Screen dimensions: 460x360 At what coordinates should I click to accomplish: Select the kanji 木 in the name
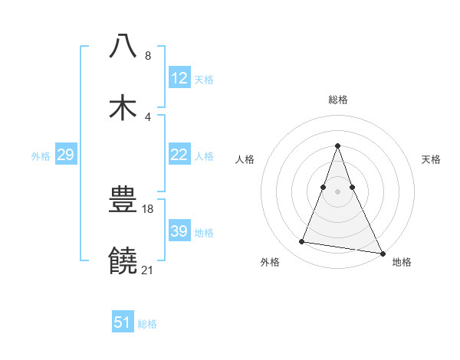[x=123, y=108]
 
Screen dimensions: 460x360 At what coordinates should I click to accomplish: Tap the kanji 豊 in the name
[x=123, y=201]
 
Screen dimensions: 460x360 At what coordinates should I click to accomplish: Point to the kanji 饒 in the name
[x=123, y=262]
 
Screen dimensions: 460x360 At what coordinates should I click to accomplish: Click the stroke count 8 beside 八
[x=148, y=55]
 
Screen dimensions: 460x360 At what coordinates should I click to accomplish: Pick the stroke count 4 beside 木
[x=148, y=116]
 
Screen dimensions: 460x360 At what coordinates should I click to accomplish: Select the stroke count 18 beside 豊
[x=148, y=208]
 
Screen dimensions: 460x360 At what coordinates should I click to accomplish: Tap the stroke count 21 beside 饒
[x=148, y=270]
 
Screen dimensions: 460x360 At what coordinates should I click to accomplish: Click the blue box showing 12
[x=179, y=78]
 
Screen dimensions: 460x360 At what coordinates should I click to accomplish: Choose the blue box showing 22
[x=179, y=155]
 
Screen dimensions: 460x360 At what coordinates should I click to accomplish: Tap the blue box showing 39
[x=179, y=231]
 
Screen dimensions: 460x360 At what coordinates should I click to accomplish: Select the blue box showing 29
[x=65, y=155]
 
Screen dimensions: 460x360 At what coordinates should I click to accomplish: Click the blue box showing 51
[x=123, y=322]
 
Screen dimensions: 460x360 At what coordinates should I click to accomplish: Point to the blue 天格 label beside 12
[x=204, y=79]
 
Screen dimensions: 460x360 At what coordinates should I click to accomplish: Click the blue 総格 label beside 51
[x=147, y=324]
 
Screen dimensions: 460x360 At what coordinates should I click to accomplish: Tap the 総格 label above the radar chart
[x=338, y=100]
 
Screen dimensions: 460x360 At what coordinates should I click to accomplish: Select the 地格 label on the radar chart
[x=402, y=262]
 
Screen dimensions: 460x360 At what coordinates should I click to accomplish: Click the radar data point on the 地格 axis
[x=382, y=253]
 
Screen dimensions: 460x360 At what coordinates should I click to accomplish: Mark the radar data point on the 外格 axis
[x=302, y=242]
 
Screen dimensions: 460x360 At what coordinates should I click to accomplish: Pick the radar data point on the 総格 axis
[x=338, y=146]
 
